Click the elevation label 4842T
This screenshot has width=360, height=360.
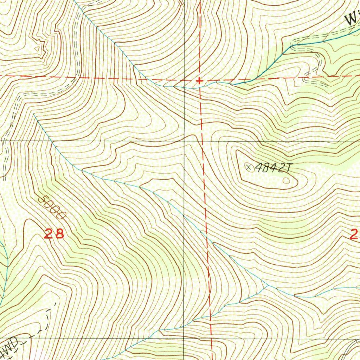click(273, 168)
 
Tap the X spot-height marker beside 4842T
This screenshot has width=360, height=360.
click(249, 167)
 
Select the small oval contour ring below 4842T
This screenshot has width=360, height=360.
click(287, 181)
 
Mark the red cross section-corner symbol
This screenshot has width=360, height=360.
click(199, 81)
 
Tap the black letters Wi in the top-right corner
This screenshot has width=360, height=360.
click(352, 18)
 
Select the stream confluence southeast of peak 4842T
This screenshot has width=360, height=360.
click(266, 285)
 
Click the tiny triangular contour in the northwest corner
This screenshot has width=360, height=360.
click(39, 48)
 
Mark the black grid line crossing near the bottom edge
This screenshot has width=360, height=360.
click(184, 339)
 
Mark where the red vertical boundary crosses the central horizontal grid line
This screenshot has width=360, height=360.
click(202, 141)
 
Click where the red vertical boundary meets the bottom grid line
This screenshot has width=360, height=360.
click(212, 339)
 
